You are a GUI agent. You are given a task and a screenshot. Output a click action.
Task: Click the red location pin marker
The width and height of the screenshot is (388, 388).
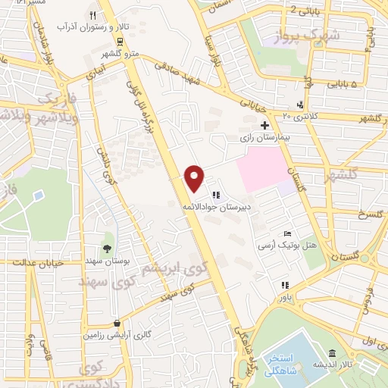(x=195, y=178)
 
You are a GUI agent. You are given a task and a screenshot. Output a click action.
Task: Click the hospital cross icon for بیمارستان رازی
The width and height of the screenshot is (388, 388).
(x=264, y=125)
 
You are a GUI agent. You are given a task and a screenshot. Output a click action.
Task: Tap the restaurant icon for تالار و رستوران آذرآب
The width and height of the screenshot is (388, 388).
(x=92, y=15)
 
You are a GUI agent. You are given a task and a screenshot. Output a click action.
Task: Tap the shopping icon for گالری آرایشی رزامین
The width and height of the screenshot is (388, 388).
(x=115, y=321)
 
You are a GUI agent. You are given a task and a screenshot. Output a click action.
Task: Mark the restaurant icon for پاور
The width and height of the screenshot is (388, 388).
(x=285, y=286)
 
